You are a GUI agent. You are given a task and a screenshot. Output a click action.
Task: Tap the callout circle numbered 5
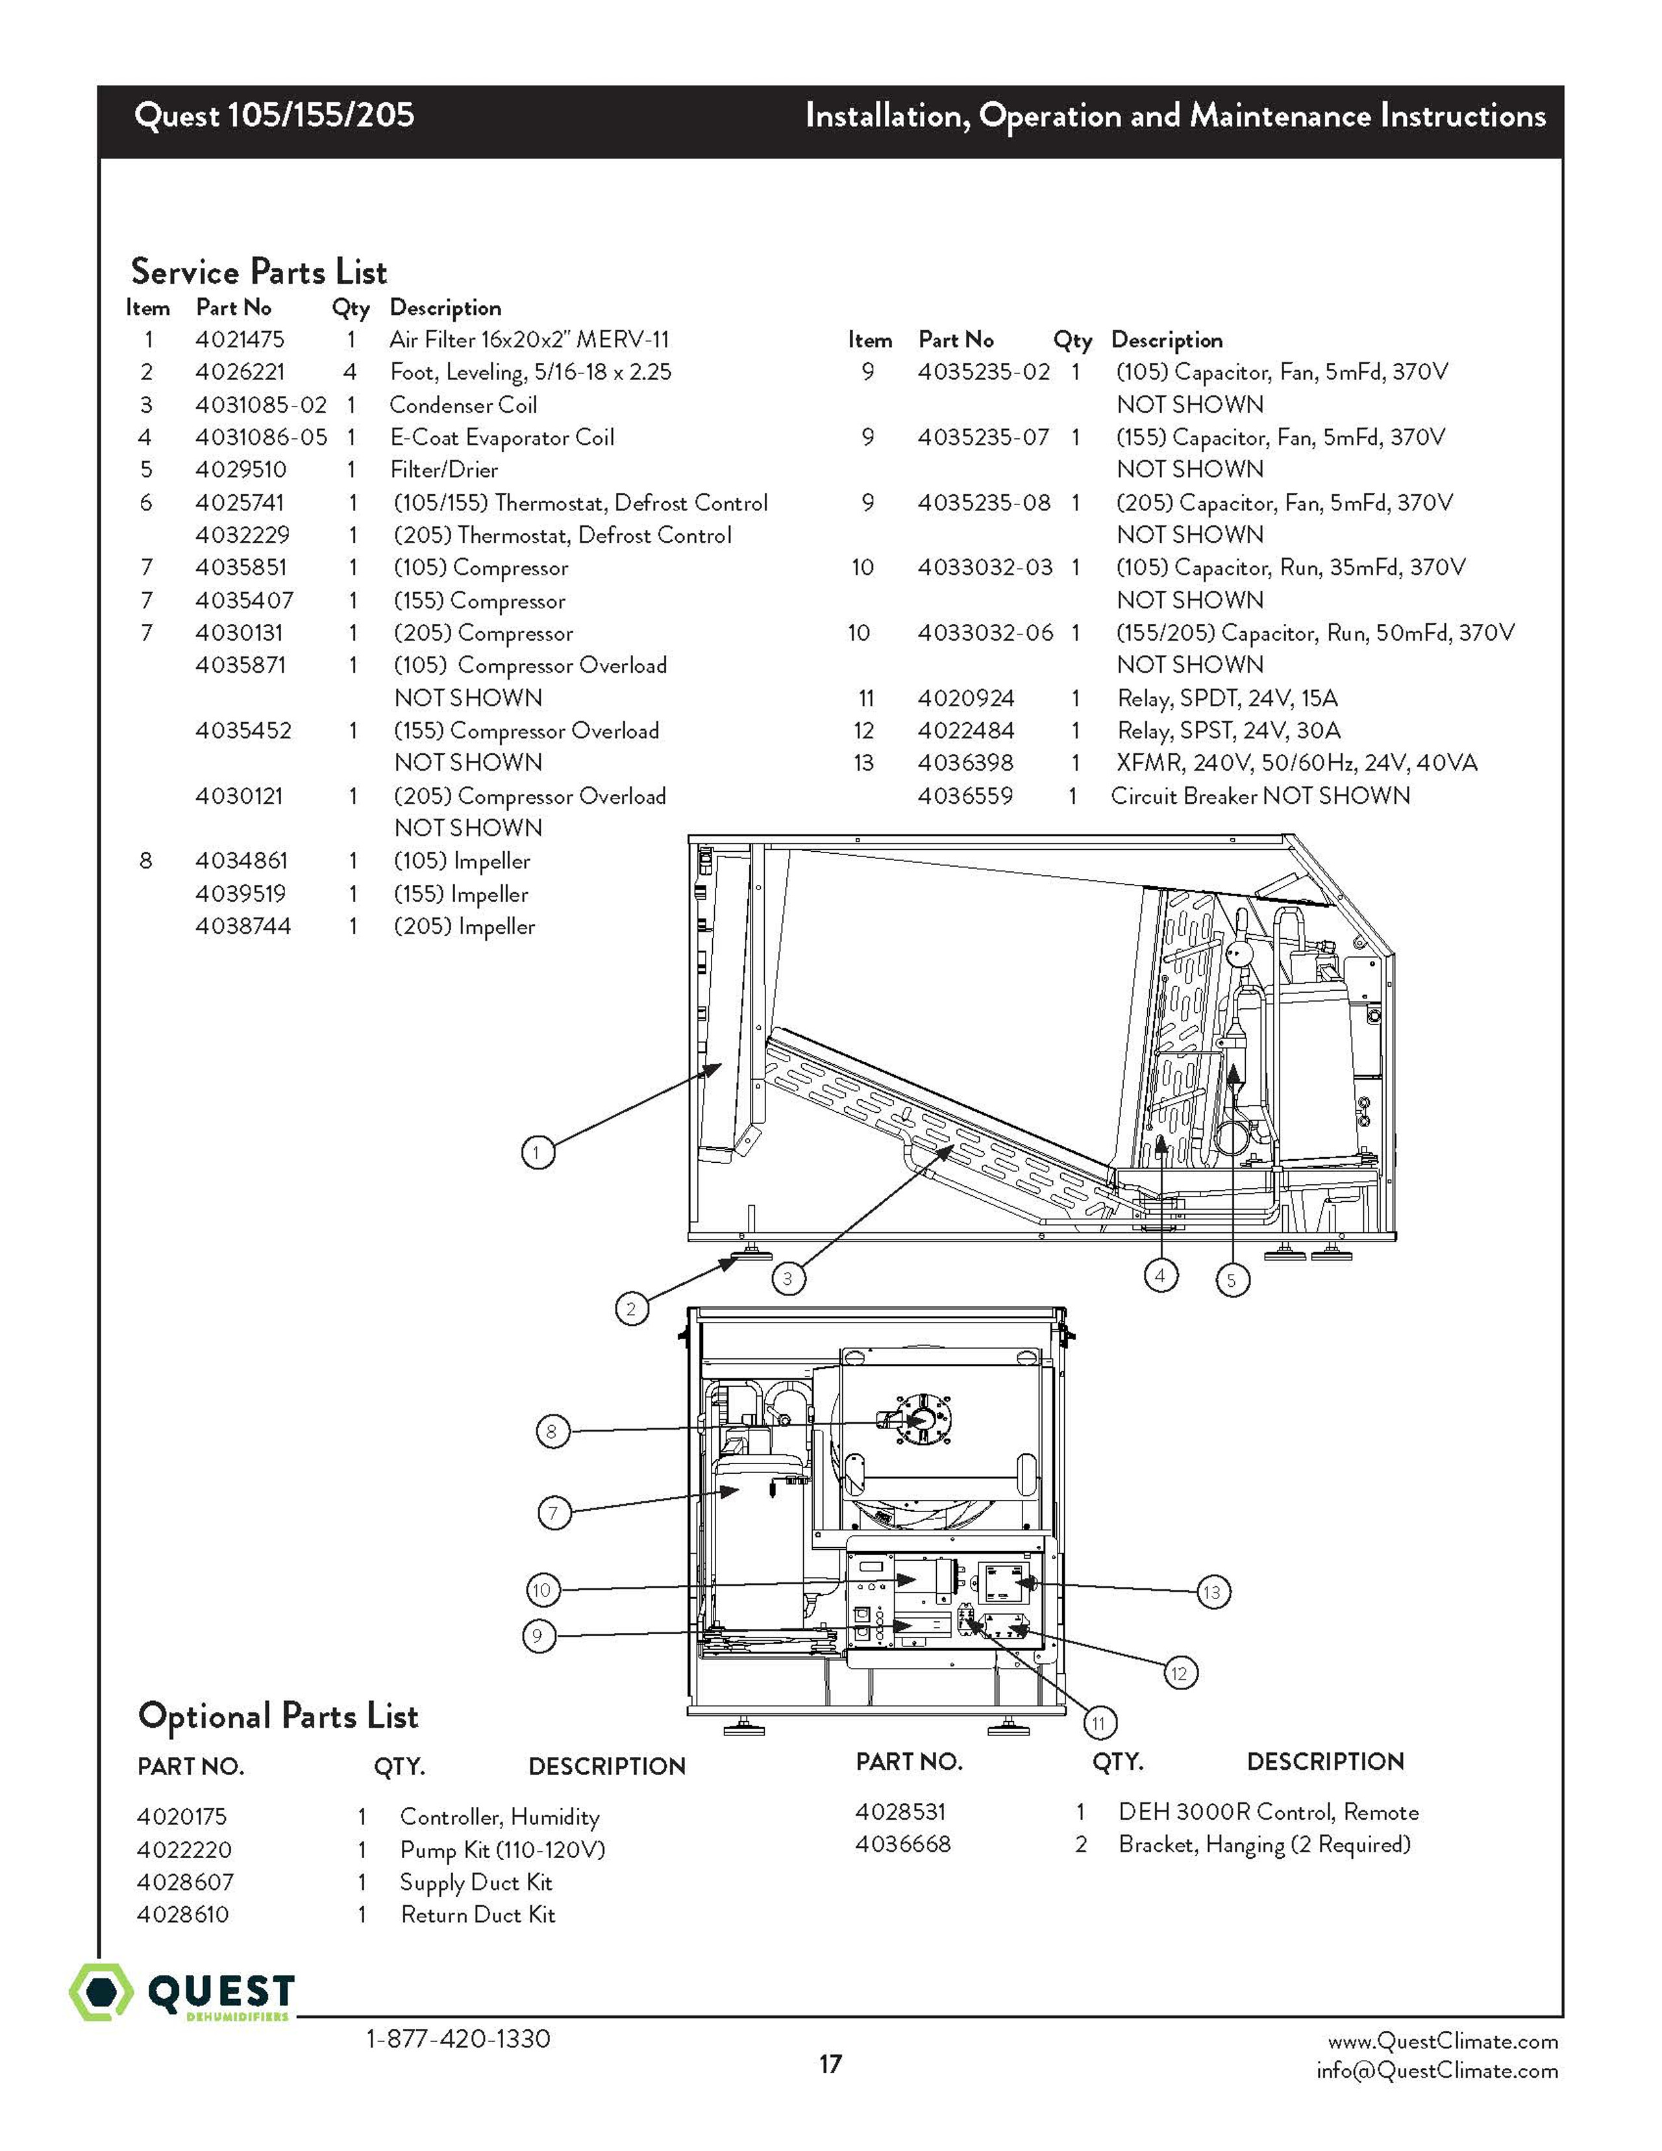pos(1232,1280)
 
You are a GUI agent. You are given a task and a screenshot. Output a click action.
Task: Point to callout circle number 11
pos(1099,1722)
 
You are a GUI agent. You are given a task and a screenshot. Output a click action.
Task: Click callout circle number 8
pos(551,1431)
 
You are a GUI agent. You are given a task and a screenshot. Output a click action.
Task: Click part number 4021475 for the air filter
pos(240,340)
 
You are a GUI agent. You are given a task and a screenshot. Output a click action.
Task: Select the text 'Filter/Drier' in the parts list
pos(443,470)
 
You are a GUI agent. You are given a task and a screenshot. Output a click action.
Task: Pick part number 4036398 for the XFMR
pos(965,764)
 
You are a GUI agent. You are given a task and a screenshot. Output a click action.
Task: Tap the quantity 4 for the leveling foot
pos(349,372)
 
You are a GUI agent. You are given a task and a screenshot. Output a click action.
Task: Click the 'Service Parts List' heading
pos(259,271)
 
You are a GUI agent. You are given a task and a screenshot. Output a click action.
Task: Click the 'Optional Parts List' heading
pos(278,1716)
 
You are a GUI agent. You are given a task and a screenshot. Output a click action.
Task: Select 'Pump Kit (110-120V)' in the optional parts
pos(502,1850)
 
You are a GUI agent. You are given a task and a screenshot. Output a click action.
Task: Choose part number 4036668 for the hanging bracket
pos(903,1844)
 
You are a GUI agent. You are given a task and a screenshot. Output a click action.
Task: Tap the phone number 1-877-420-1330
pos(458,2038)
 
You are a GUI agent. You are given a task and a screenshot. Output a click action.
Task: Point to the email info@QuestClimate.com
pos(1437,2070)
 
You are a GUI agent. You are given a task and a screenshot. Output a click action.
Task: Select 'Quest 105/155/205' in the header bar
pos(274,115)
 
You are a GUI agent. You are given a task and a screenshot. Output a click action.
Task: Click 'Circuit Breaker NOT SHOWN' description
pos(1259,796)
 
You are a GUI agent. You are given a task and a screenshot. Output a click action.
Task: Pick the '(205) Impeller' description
pos(464,926)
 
